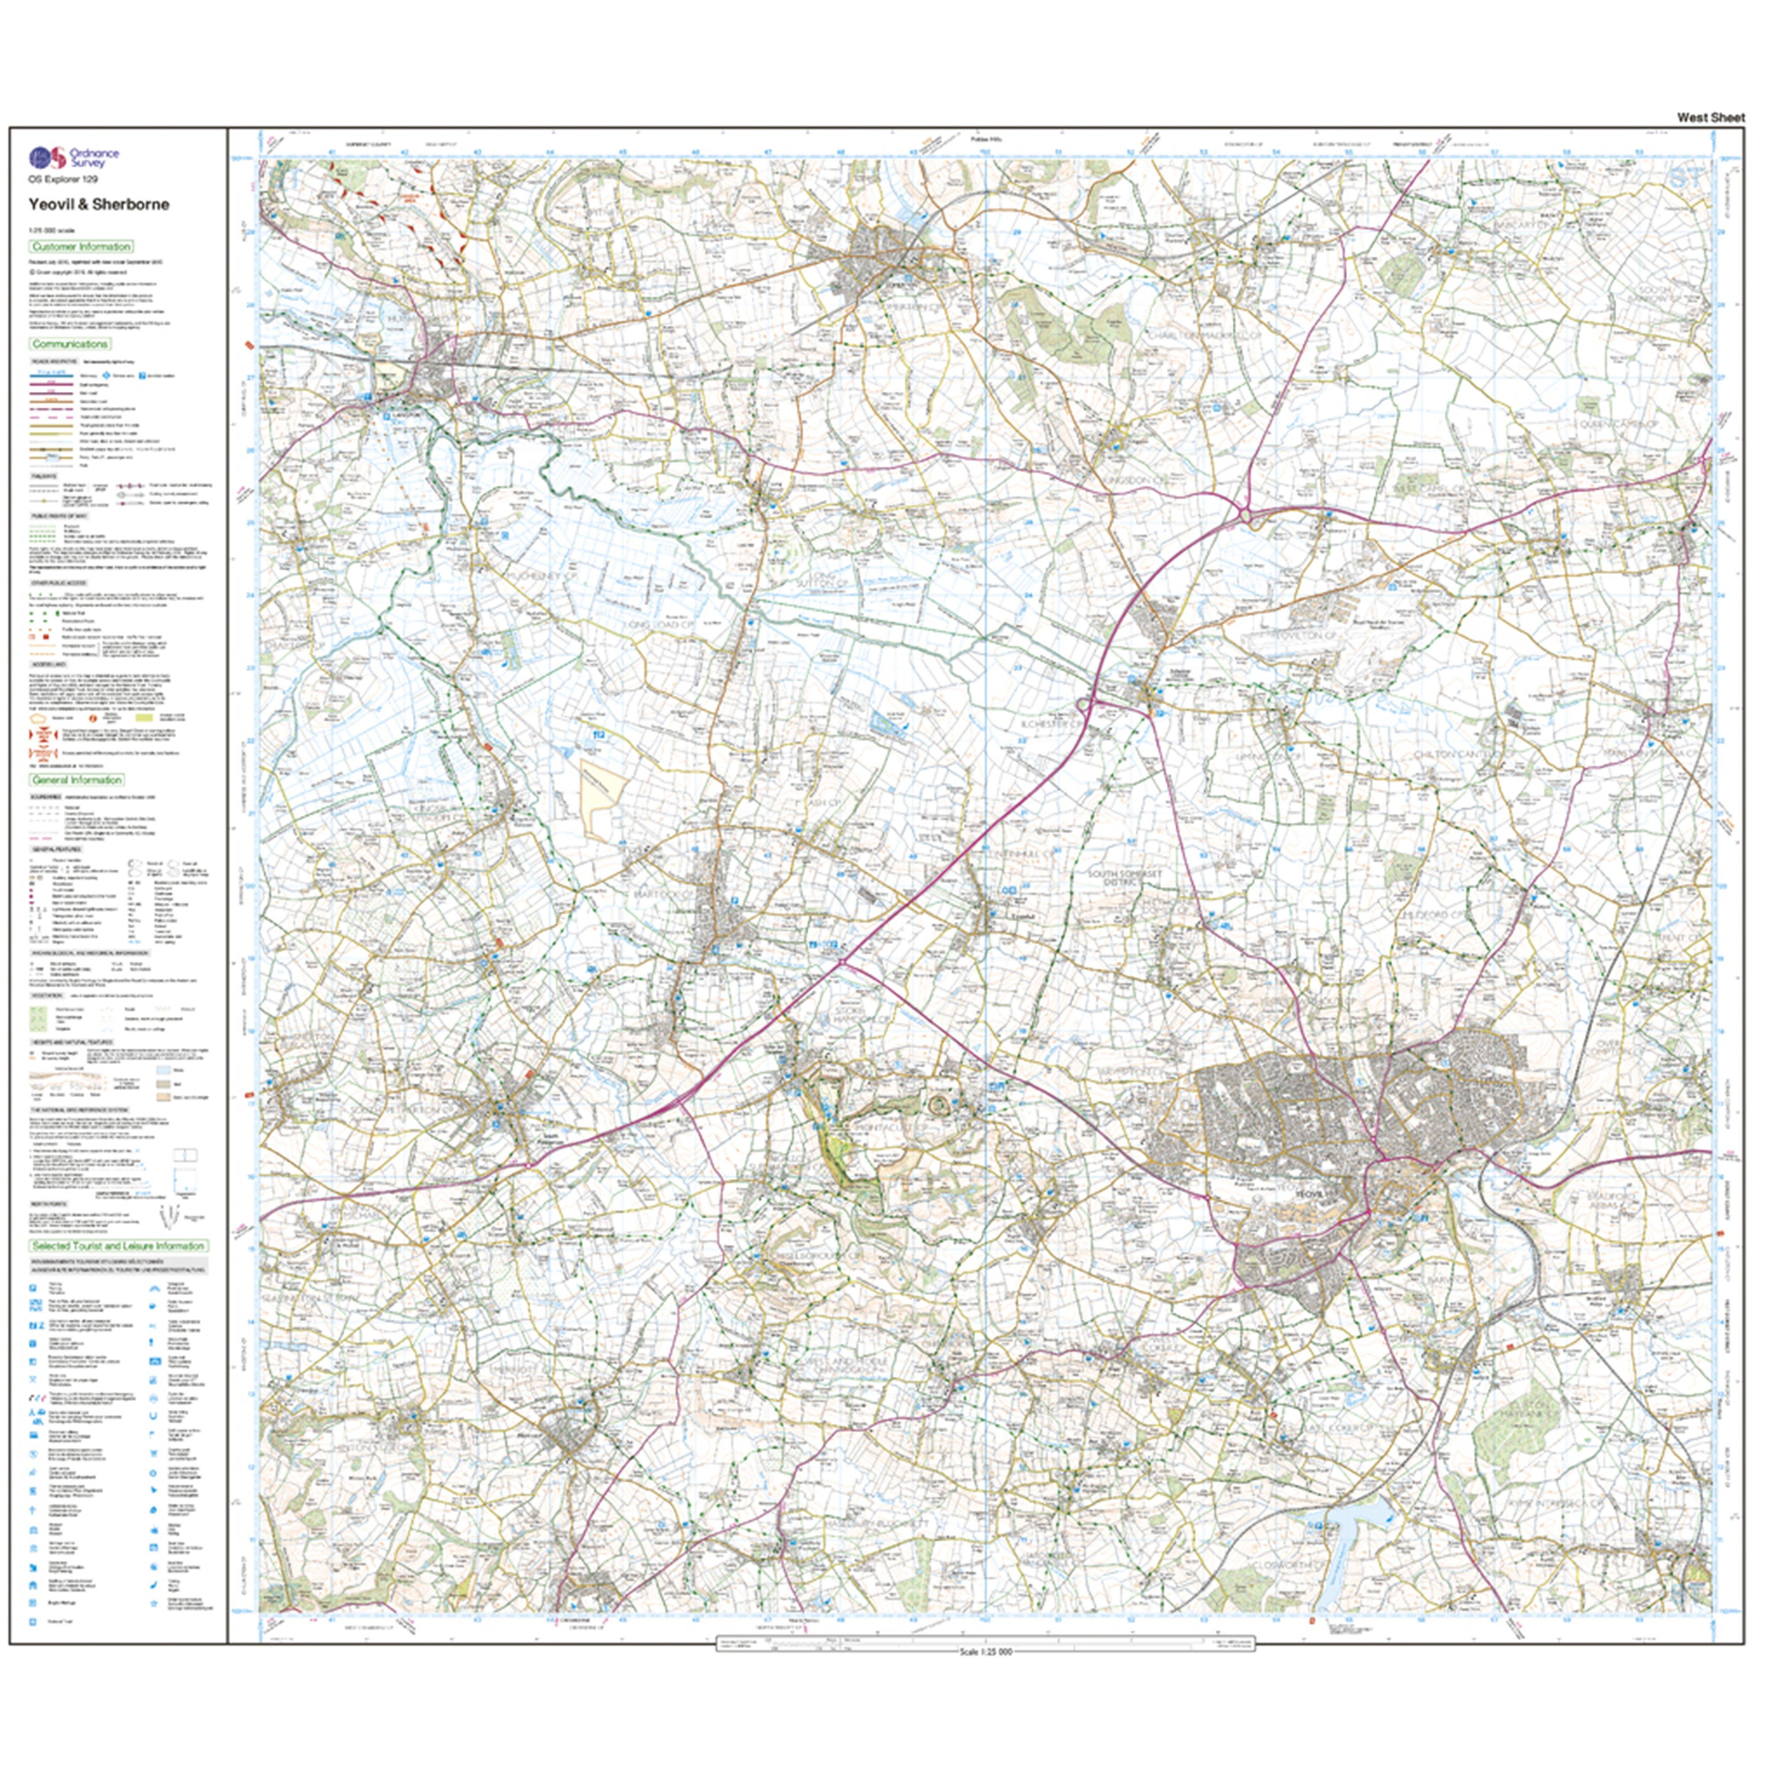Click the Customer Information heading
coord(81,247)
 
